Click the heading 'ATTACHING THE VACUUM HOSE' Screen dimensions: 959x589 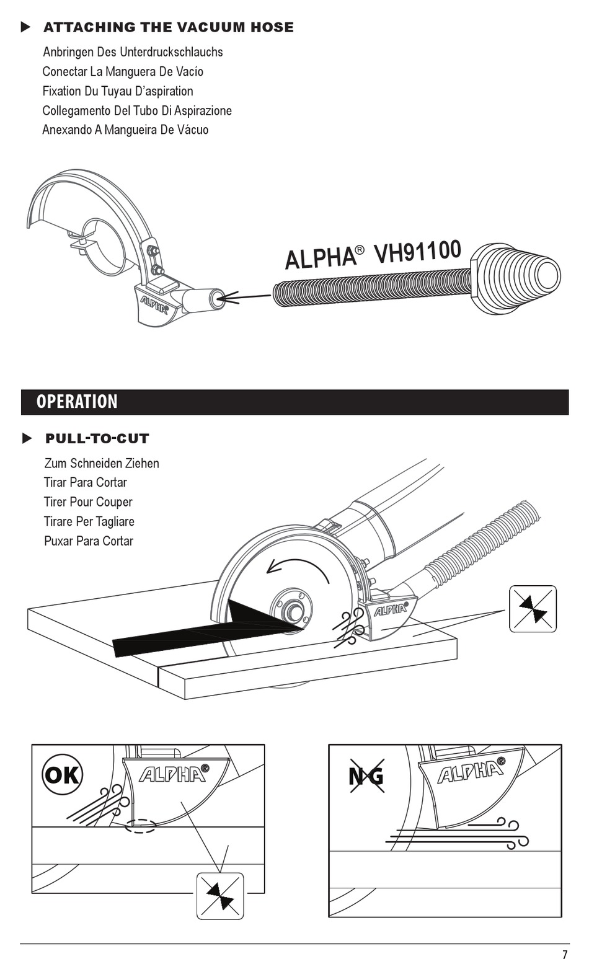tap(168, 27)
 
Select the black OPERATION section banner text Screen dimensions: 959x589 tap(77, 402)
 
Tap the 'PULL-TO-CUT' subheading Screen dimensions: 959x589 tap(97, 439)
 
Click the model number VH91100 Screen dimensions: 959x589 tap(417, 253)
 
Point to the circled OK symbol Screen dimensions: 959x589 tap(62, 774)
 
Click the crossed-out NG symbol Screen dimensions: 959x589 tap(366, 776)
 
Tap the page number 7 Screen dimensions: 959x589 tap(565, 955)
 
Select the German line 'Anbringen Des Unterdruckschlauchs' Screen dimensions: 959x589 tap(133, 52)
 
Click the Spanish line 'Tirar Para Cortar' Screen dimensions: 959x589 tap(86, 482)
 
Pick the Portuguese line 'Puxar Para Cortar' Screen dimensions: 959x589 tap(89, 541)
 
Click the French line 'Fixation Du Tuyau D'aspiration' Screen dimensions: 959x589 tap(118, 91)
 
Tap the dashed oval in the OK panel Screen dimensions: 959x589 tap(141, 826)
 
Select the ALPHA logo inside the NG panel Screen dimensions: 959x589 tap(471, 772)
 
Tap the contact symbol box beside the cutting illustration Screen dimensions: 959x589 tap(533, 609)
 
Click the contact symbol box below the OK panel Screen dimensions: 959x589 tap(220, 896)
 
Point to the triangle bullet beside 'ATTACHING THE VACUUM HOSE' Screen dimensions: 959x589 tap(25, 27)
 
